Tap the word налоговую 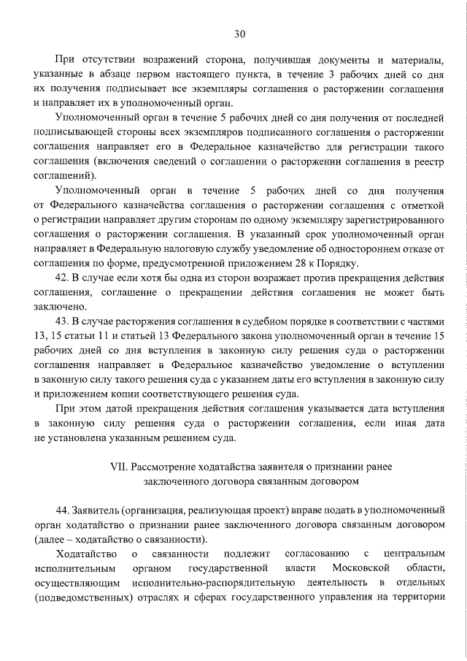tap(176, 250)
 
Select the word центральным tap(414, 554)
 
